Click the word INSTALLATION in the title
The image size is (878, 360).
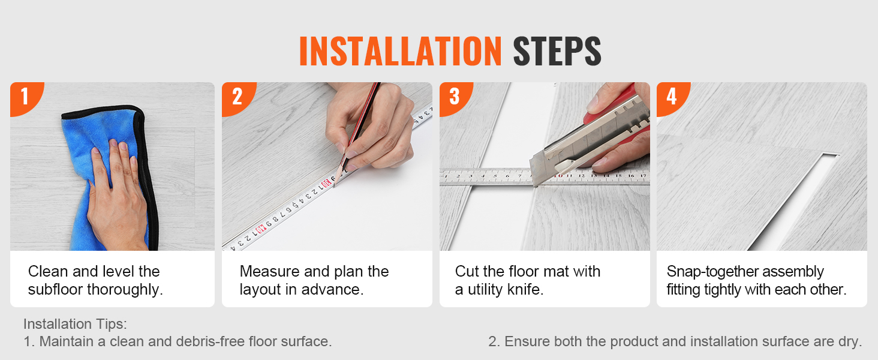[x=400, y=51]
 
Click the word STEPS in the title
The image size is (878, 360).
[x=557, y=51]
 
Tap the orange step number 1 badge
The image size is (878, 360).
[x=25, y=97]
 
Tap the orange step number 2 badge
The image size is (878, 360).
[x=237, y=97]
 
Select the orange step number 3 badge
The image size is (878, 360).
[x=455, y=97]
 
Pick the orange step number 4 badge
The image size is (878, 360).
[x=672, y=97]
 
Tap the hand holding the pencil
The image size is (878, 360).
[x=372, y=125]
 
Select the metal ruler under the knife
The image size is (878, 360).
[x=545, y=177]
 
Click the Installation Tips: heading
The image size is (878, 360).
[x=75, y=325]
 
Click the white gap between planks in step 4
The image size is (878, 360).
[x=793, y=202]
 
